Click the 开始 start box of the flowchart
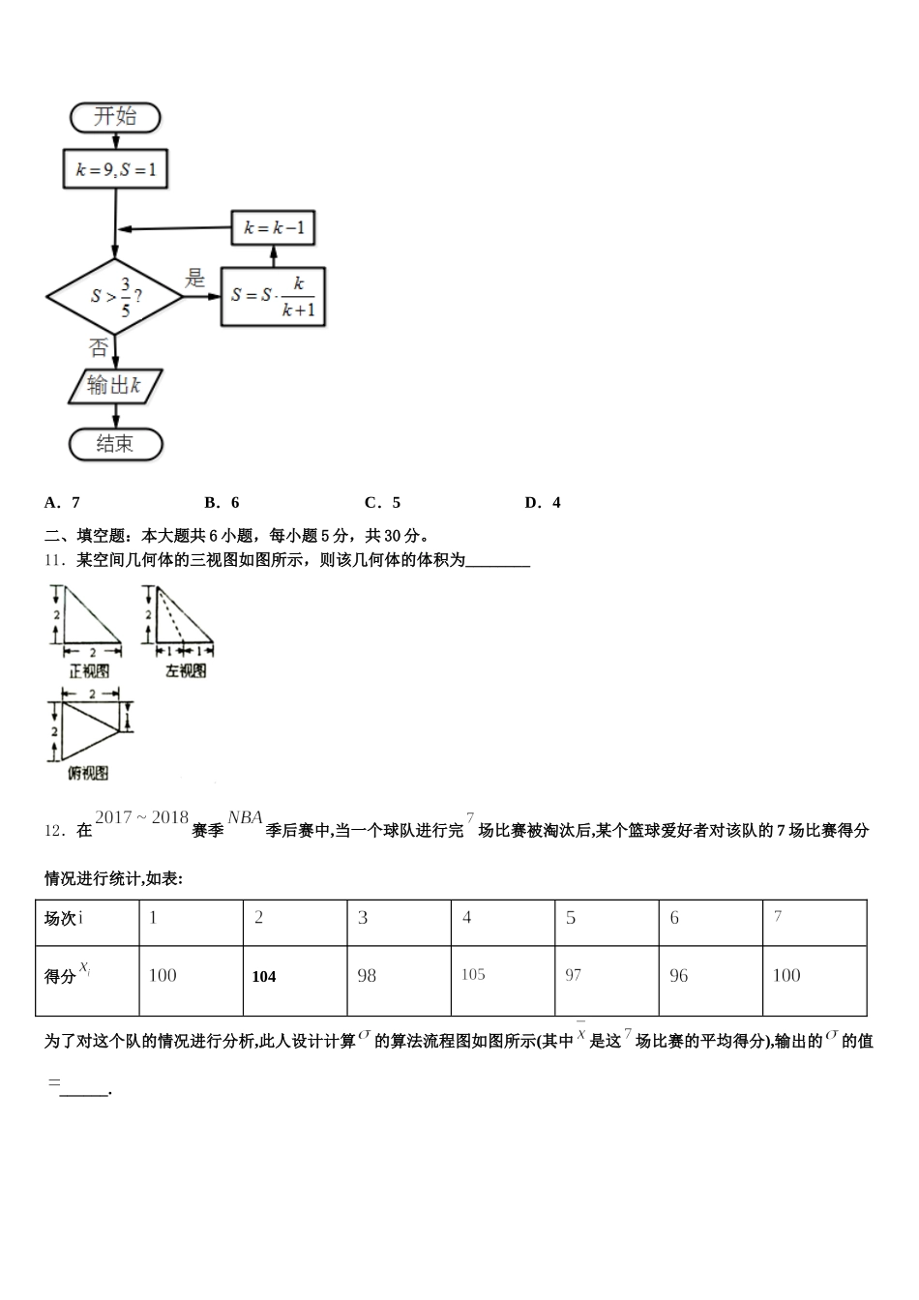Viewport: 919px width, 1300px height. click(x=115, y=117)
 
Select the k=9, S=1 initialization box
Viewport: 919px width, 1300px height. click(x=115, y=170)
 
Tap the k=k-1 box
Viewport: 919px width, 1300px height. click(x=274, y=228)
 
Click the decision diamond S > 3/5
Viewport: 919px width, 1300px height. click(x=115, y=296)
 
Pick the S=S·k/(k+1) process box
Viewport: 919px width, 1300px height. click(x=274, y=295)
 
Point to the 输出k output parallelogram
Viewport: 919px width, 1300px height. click(x=115, y=386)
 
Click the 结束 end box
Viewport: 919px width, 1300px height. click(x=115, y=444)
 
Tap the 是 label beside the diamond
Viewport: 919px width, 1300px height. click(x=195, y=279)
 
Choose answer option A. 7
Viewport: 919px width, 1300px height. click(x=63, y=502)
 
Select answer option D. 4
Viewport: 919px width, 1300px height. click(x=543, y=502)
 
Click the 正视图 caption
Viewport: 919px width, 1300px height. click(x=89, y=670)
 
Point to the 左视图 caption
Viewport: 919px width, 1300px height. click(x=186, y=670)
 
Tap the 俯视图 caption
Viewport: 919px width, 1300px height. click(x=88, y=773)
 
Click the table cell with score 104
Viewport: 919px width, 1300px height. click(x=294, y=977)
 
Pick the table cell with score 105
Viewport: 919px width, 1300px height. click(x=502, y=975)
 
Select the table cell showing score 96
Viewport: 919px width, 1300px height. click(x=710, y=977)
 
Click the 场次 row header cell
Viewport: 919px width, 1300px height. click(x=87, y=918)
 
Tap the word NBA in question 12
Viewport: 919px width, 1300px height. click(x=245, y=818)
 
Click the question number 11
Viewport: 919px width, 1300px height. click(x=55, y=560)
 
